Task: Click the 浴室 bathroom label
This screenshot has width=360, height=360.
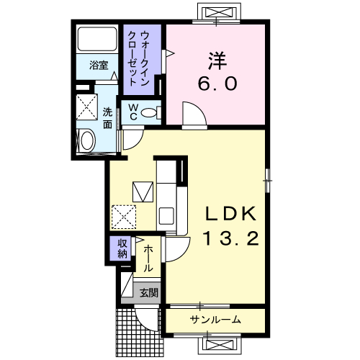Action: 99,66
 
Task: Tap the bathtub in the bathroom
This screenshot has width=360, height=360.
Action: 97,39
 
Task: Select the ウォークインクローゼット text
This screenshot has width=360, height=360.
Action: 138,59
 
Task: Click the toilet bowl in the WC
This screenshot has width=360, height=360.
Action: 148,112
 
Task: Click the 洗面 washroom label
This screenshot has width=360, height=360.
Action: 107,118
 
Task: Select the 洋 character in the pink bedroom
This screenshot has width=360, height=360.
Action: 217,61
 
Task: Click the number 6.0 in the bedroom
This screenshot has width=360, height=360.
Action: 217,84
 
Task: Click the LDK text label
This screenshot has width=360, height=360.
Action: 230,214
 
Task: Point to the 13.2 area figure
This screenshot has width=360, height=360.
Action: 231,238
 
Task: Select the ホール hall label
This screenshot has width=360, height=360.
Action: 148,258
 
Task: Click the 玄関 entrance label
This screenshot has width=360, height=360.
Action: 149,292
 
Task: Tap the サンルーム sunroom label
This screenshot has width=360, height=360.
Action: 215,320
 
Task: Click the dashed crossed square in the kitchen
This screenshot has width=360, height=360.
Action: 124,217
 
